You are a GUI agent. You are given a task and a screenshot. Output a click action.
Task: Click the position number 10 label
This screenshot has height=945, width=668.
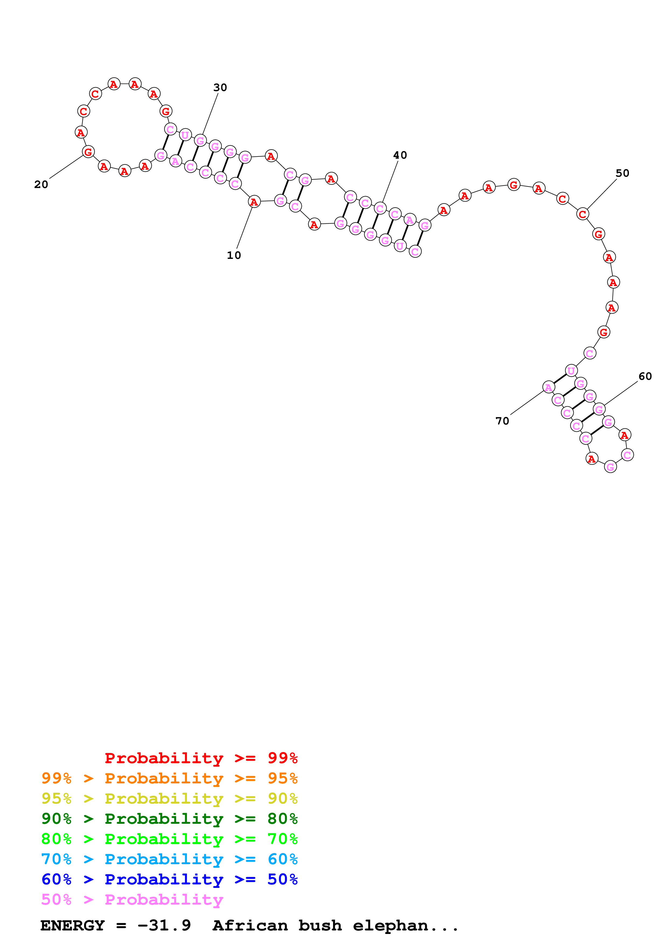[x=234, y=255]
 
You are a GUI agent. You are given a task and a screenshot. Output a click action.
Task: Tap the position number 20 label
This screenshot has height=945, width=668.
[x=41, y=184]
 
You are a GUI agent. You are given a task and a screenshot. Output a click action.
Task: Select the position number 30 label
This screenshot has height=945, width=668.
[x=220, y=88]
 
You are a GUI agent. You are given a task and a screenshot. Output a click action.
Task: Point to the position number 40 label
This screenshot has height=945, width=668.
[x=400, y=155]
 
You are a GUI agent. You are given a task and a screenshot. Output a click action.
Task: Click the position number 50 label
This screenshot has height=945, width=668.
[x=622, y=173]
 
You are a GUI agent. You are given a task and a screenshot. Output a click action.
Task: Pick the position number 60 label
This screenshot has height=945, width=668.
[x=645, y=376]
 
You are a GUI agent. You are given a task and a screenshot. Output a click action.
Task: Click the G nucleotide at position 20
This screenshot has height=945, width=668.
[x=88, y=152]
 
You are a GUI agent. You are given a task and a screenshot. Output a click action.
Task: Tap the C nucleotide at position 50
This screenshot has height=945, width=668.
[x=582, y=214]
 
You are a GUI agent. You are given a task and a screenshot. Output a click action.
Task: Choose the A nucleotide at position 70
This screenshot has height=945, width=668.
[x=548, y=387]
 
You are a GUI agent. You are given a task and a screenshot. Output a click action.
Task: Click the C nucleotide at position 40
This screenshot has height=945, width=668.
[x=380, y=208]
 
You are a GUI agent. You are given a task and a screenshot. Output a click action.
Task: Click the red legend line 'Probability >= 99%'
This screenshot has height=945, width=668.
[x=201, y=758]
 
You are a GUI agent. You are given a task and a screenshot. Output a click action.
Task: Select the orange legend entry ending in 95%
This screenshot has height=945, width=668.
[x=169, y=778]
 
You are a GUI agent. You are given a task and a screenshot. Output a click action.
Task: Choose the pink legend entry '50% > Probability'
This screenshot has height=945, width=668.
[x=132, y=899]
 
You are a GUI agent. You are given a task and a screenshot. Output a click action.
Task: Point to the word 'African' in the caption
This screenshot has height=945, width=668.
[x=250, y=925]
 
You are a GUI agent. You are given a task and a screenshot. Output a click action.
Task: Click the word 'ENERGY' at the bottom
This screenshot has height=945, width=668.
[x=72, y=925]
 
